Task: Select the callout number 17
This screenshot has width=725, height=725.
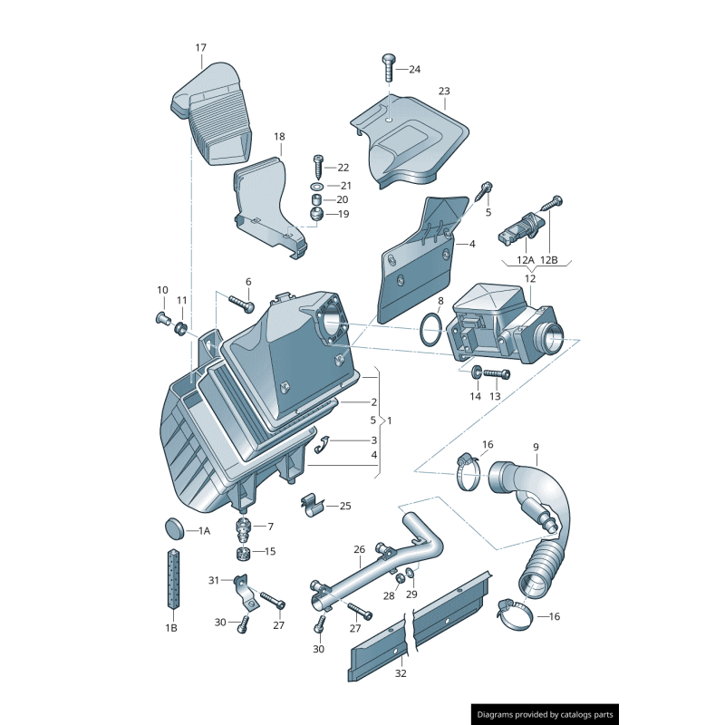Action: pyautogui.click(x=200, y=47)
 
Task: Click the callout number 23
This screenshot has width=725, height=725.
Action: pyautogui.click(x=444, y=92)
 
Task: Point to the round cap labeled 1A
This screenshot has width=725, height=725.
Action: pyautogui.click(x=172, y=528)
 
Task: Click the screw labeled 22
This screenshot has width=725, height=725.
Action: pyautogui.click(x=318, y=166)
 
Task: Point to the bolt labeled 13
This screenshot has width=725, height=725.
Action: pyautogui.click(x=495, y=372)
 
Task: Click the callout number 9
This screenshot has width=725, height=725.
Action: pyautogui.click(x=536, y=447)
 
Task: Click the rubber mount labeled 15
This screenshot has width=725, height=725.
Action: pyautogui.click(x=243, y=553)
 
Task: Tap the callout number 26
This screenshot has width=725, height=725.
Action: pyautogui.click(x=359, y=549)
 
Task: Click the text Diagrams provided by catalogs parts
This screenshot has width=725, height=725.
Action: pyautogui.click(x=546, y=714)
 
